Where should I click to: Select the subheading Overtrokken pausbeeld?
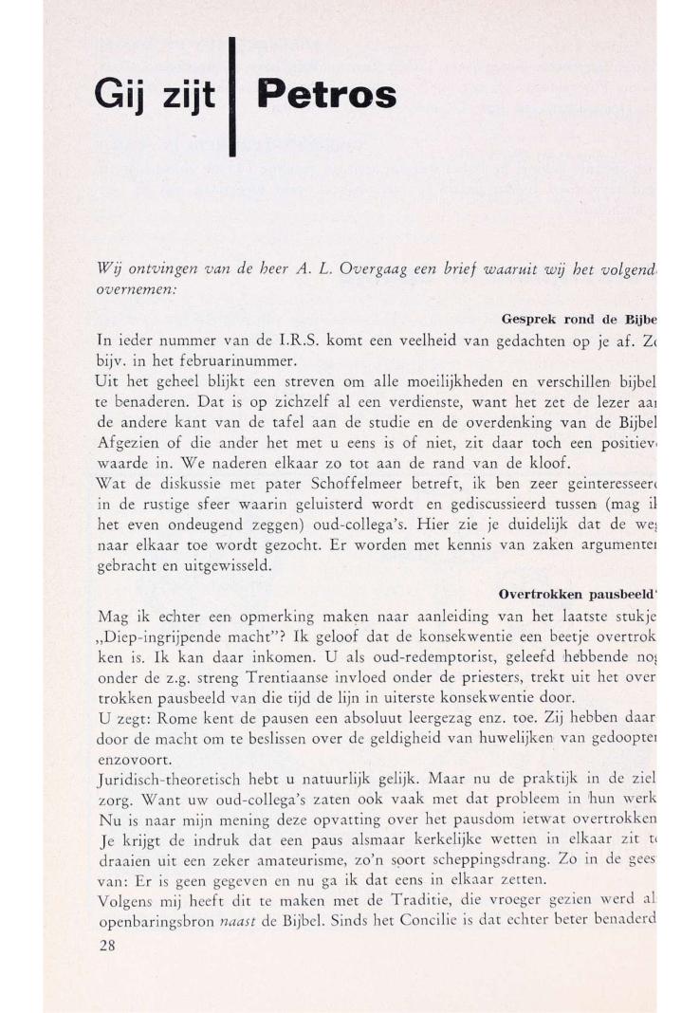pos(578,596)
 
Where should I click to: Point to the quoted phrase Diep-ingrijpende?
pos(167,634)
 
